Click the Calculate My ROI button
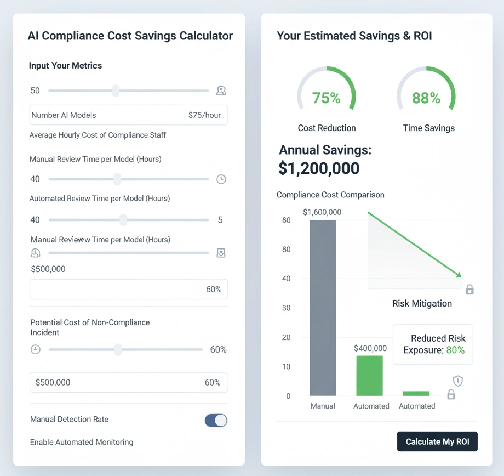437,441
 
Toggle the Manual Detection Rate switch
216,420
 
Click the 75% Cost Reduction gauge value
327,98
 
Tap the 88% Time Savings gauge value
426,98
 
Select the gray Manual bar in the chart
323,307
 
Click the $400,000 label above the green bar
370,348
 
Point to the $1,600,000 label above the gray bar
322,212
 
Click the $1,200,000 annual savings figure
319,168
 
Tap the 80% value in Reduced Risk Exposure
455,350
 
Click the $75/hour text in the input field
204,115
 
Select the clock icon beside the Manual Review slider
221,179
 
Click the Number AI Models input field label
64,115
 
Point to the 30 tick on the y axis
285,308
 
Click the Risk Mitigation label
422,303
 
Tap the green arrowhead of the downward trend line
459,275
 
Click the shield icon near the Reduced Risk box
458,381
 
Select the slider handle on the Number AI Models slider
116,90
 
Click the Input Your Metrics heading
65,65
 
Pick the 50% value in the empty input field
214,289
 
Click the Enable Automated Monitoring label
82,442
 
